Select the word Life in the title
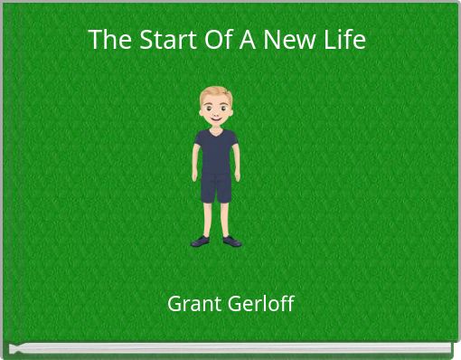344,41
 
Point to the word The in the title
106,41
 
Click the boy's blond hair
216,92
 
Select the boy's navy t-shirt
216,149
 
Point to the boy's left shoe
231,241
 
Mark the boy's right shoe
201,241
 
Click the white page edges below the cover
230,348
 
